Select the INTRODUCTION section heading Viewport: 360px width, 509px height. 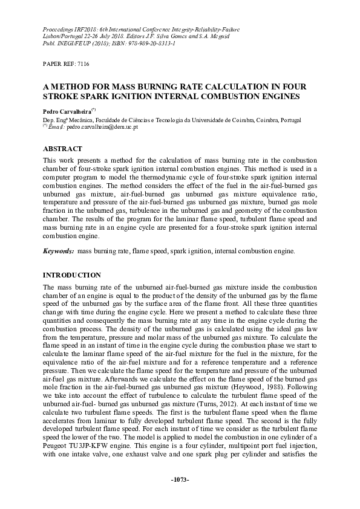point(72,275)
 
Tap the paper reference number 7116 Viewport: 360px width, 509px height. point(82,63)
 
